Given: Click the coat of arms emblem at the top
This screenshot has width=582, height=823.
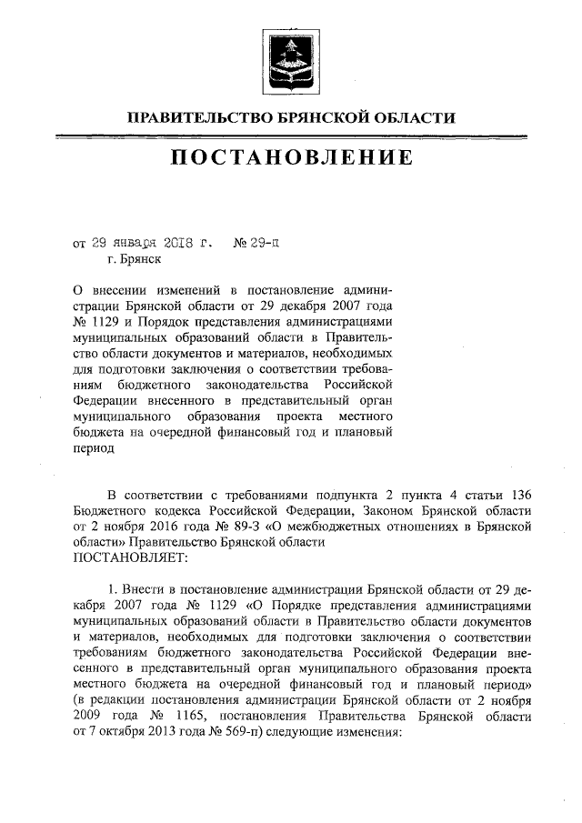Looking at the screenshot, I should [291, 55].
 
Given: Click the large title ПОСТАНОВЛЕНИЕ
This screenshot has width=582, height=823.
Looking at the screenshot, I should [291, 158].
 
